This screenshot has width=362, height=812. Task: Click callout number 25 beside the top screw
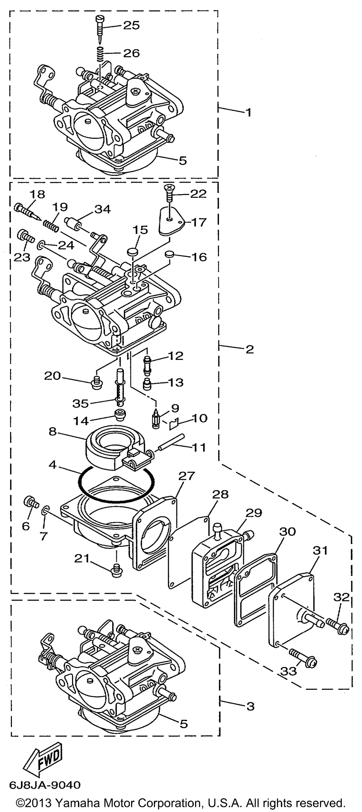coord(131,25)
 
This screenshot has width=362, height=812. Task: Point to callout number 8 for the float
coord(53,431)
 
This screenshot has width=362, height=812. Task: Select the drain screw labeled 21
coord(116,570)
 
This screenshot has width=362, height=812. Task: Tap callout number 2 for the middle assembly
coord(250,349)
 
